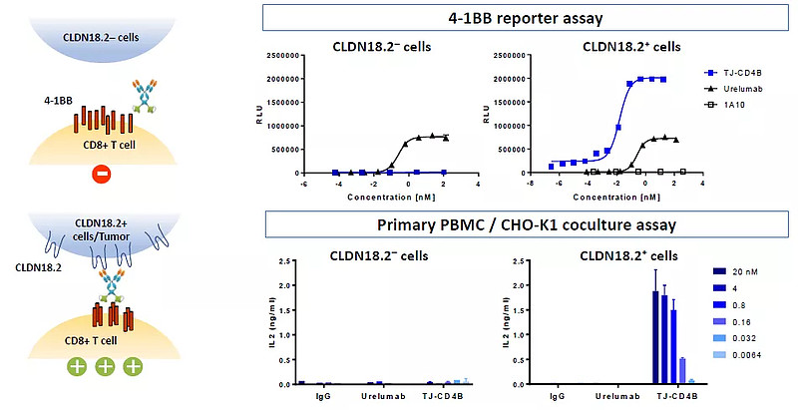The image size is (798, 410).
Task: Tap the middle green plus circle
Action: [x=103, y=367]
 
